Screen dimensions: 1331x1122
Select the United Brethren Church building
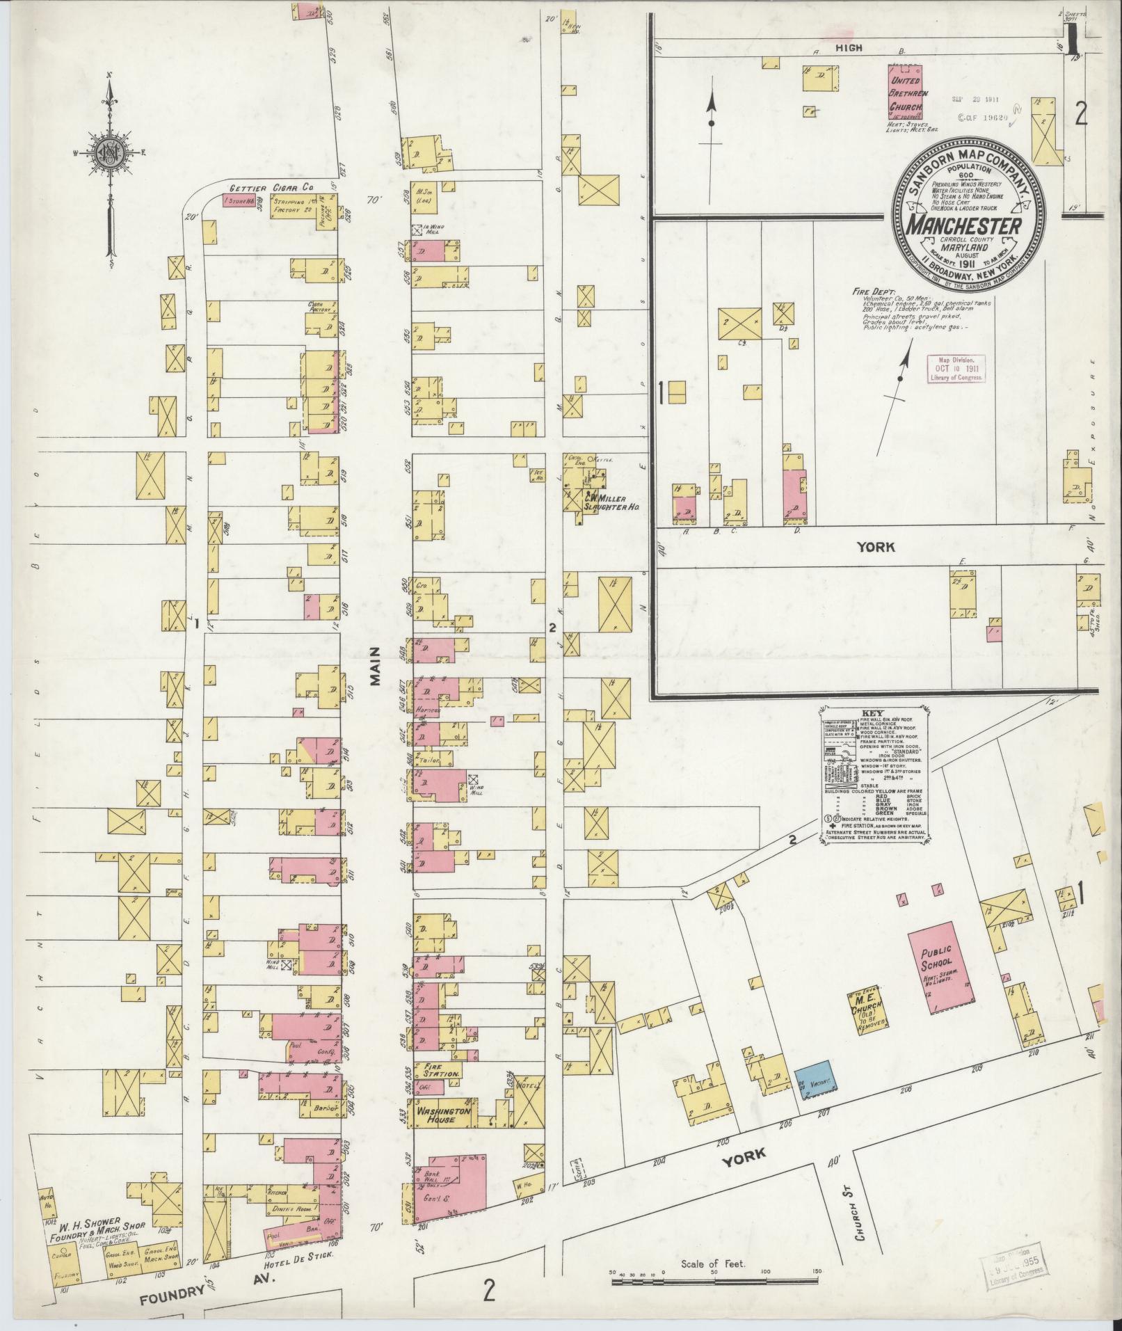coord(906,90)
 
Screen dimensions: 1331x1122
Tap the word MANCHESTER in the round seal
coord(963,228)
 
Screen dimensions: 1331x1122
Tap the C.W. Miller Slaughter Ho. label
coord(610,503)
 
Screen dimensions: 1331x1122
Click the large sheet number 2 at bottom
coord(490,1290)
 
